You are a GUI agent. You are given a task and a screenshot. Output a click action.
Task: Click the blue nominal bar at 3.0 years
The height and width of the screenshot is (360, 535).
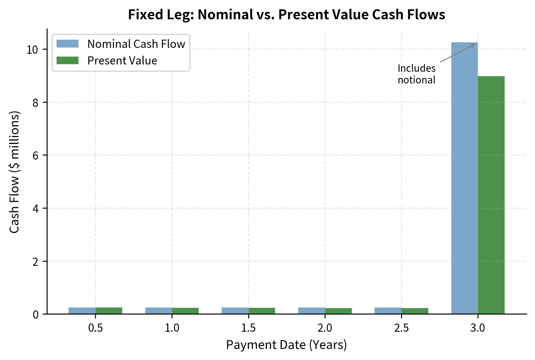click(x=464, y=178)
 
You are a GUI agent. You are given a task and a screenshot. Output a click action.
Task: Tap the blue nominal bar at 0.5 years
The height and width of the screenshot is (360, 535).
click(x=82, y=311)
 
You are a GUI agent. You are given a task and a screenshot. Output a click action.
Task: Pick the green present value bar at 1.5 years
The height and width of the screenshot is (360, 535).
click(x=262, y=311)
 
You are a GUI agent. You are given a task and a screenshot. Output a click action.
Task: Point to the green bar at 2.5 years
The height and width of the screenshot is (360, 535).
click(x=415, y=311)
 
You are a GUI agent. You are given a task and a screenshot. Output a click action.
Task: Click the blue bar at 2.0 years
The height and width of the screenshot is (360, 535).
click(x=311, y=311)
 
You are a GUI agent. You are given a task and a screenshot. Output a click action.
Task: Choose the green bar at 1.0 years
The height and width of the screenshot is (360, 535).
click(x=185, y=311)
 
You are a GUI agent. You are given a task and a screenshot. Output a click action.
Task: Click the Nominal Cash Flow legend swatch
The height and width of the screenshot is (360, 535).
click(x=67, y=44)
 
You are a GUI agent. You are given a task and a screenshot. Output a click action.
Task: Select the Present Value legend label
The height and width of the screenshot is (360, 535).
click(x=122, y=61)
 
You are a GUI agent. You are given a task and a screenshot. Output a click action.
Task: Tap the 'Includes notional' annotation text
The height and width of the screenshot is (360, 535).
click(x=416, y=74)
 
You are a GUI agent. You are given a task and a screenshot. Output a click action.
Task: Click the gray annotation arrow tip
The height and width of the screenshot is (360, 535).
click(x=475, y=44)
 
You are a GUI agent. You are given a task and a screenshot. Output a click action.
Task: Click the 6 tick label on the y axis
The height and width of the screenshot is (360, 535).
click(x=35, y=155)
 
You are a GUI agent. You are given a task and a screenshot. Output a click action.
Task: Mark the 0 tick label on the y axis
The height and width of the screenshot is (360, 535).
click(x=35, y=314)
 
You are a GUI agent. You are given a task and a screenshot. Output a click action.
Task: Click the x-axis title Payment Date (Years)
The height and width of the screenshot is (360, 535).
click(x=286, y=345)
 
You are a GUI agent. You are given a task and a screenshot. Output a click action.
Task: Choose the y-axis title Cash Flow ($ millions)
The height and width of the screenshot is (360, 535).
click(x=14, y=172)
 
